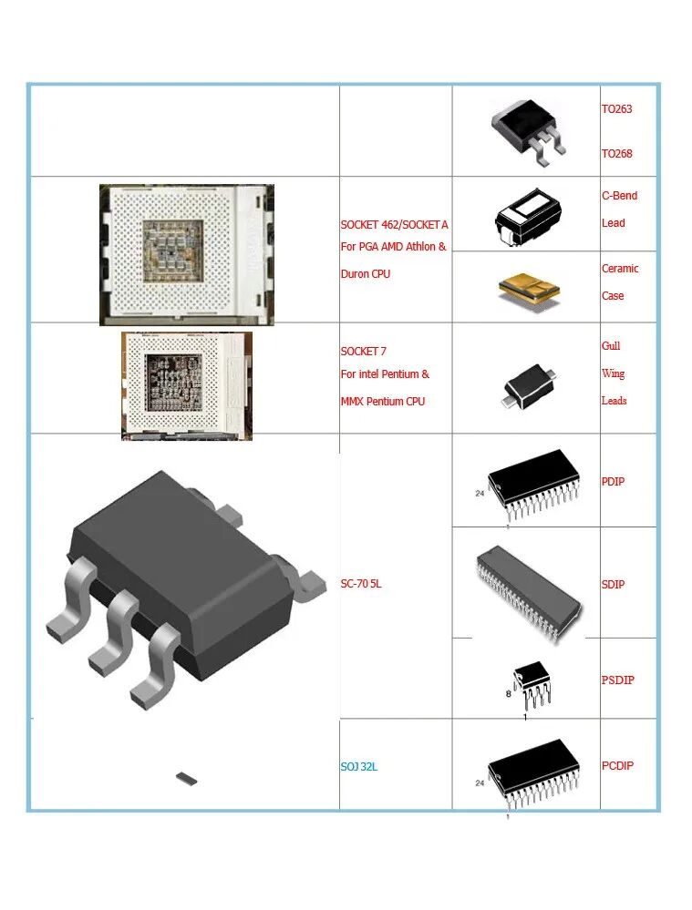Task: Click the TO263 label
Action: [x=616, y=109]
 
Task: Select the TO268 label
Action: [x=616, y=154]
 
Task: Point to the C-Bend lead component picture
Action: [x=527, y=215]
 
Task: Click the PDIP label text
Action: [x=613, y=481]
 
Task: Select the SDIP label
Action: [x=613, y=585]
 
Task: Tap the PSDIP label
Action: [x=617, y=680]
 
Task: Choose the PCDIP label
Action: [x=617, y=766]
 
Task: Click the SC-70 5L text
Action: [x=361, y=584]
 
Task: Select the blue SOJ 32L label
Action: [x=359, y=767]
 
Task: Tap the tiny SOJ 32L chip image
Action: [x=187, y=778]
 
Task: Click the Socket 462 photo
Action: [x=187, y=254]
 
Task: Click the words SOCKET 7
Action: [x=364, y=352]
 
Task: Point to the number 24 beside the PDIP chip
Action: [x=480, y=494]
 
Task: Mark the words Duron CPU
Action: [x=366, y=274]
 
